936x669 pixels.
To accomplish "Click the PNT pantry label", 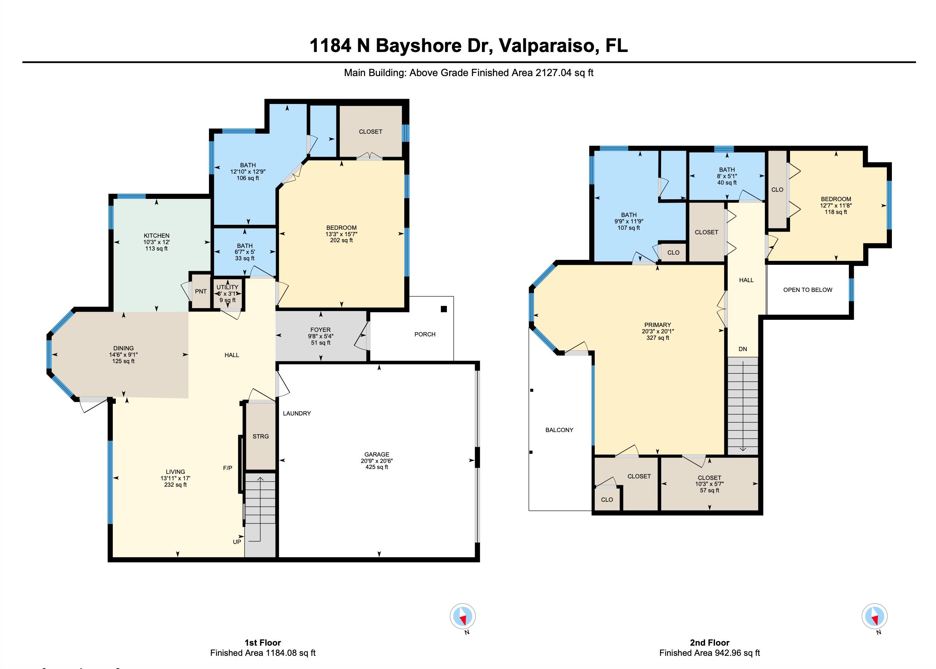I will (200, 291).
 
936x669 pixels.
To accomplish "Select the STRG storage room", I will (261, 436).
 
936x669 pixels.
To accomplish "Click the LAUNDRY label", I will (296, 413).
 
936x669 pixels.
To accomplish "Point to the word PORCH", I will (425, 334).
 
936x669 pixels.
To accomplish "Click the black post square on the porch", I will (443, 309).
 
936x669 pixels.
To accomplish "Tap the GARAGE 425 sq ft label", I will (376, 461).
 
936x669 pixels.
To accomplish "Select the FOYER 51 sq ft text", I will (321, 336).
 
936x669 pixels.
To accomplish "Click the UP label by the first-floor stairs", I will (237, 542).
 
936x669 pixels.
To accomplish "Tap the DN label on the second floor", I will (743, 349).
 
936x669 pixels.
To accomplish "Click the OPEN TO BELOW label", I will (807, 290).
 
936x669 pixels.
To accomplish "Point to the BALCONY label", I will (559, 430).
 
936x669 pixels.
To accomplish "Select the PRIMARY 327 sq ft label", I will (657, 331).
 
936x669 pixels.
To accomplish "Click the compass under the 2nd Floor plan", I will (874, 616).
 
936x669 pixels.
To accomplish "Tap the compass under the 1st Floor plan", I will (462, 617).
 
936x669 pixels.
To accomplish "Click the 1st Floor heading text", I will (262, 642).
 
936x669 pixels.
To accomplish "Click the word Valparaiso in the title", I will (547, 45).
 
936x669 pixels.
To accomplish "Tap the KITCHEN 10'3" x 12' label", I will (156, 242).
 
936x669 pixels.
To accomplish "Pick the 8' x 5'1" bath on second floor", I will (727, 176).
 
